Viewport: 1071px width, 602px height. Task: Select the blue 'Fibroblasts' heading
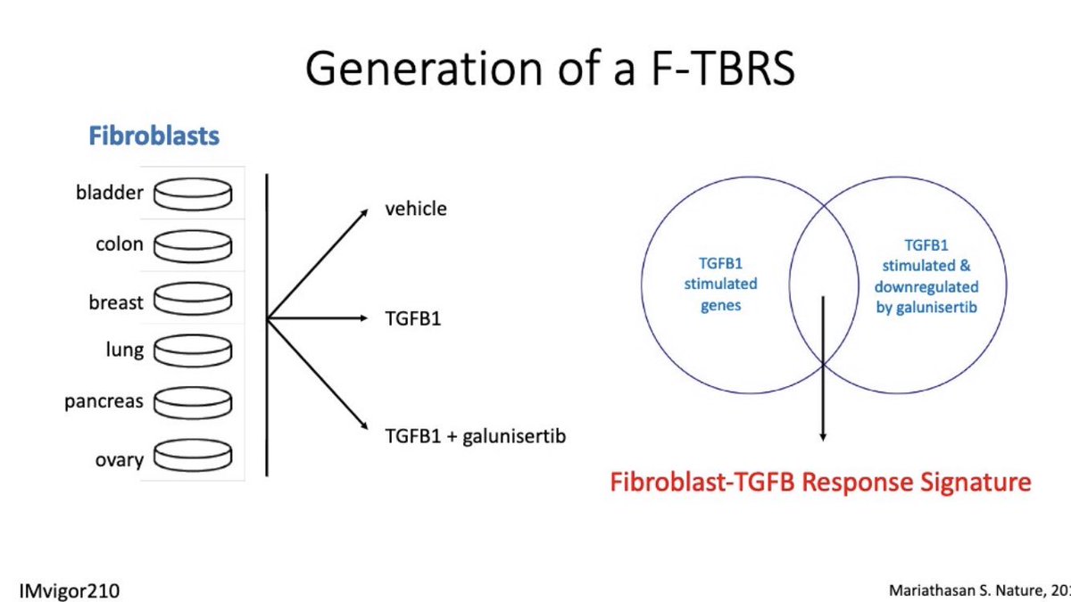[x=154, y=136]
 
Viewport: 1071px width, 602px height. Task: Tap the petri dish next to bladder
[x=193, y=193]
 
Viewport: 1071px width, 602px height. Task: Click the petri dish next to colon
[x=193, y=244]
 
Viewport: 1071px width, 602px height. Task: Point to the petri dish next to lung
[x=193, y=351]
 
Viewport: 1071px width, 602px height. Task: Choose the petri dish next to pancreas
[x=193, y=403]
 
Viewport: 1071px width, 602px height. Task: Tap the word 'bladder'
[x=110, y=193]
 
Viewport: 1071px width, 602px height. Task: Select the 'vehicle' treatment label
[x=416, y=210]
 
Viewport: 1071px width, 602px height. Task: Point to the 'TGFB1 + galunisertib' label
[x=476, y=437]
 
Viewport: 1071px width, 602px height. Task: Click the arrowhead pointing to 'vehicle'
[x=362, y=212]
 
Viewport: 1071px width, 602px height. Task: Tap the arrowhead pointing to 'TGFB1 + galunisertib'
[x=363, y=428]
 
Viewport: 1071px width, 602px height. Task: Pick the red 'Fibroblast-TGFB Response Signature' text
[x=820, y=482]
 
